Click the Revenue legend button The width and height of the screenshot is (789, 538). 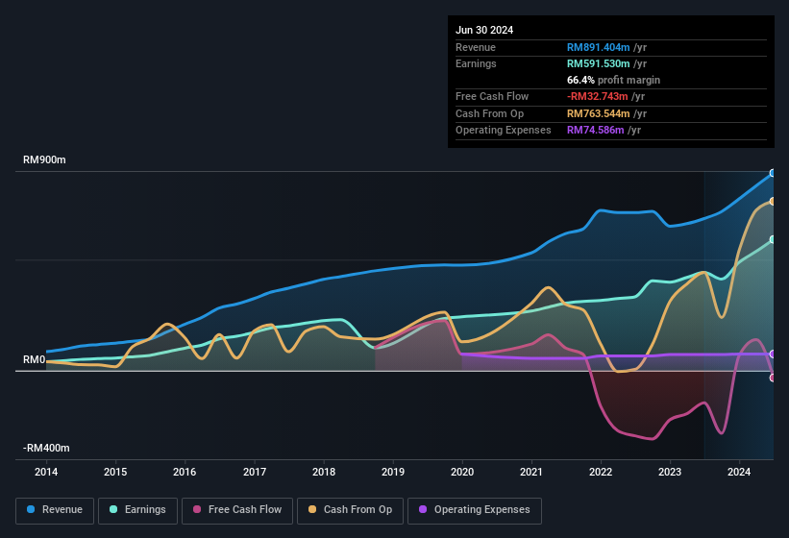(55, 510)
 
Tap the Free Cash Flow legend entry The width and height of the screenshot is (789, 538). (237, 510)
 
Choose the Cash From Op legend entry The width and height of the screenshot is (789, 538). (350, 510)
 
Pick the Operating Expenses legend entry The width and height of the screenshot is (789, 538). (475, 510)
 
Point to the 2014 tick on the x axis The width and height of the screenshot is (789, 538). (46, 472)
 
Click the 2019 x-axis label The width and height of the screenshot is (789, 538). (393, 472)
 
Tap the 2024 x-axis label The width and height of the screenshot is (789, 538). (739, 472)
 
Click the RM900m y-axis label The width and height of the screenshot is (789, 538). (44, 160)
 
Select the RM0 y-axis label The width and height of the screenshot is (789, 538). (34, 360)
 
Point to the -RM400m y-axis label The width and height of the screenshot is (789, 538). (46, 449)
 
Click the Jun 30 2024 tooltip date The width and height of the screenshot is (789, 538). (484, 30)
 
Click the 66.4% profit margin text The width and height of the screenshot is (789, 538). (613, 80)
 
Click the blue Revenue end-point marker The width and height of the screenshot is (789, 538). (773, 173)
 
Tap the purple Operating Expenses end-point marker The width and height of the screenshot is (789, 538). (773, 354)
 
